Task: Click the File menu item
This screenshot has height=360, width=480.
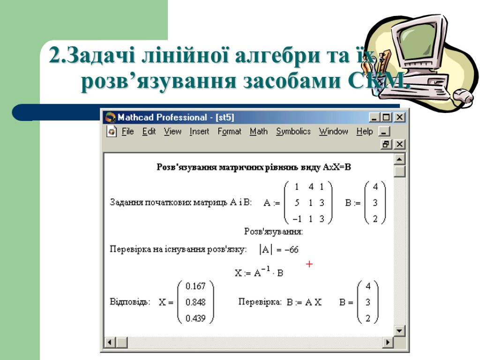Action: [x=127, y=132]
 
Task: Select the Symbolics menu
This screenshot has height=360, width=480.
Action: [x=293, y=132]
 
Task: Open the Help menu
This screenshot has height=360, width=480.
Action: [x=364, y=132]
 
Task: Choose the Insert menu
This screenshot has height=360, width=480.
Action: [x=199, y=132]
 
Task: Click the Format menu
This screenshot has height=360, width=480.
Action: [x=229, y=132]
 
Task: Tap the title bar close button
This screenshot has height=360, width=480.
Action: [x=399, y=117]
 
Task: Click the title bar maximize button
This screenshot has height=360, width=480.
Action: [x=387, y=117]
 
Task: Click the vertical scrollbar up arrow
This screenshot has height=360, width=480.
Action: [x=399, y=160]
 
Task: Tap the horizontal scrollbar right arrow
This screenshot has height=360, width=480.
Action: [x=387, y=343]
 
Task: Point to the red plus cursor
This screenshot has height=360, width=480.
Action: [x=309, y=264]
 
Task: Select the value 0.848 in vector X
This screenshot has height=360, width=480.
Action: [x=195, y=302]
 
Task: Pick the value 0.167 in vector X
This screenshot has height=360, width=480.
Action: [x=195, y=286]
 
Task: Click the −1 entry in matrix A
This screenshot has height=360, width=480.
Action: [x=296, y=218]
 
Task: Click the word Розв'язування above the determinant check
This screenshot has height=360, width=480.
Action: [x=273, y=231]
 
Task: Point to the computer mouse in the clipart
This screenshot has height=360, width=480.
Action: [x=463, y=97]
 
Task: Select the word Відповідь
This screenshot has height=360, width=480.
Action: [x=130, y=302]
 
